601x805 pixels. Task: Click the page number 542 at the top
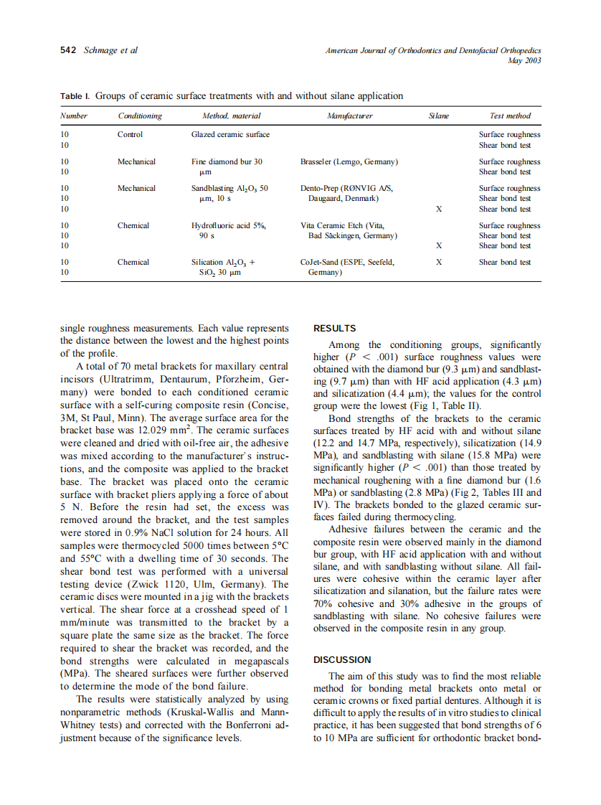68,51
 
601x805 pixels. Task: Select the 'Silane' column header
438,116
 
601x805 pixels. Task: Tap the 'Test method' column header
510,116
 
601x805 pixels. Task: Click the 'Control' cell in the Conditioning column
130,134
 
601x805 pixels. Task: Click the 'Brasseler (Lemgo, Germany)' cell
349,161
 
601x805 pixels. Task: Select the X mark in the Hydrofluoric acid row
438,245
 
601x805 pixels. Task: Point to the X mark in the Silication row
438,263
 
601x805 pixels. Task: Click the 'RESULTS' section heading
335,329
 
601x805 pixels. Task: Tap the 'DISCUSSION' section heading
342,659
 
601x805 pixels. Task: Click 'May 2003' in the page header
524,60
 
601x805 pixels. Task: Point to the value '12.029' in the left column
192,430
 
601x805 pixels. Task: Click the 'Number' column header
74,116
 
